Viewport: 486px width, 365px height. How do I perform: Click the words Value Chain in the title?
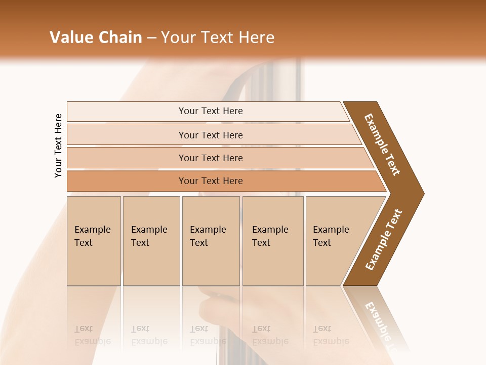[x=96, y=38]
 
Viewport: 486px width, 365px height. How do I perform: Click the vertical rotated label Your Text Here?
[x=58, y=145]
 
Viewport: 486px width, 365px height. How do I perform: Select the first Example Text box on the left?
[x=94, y=241]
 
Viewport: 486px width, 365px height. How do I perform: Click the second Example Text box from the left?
[x=151, y=241]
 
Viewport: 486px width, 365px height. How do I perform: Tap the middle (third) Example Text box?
[x=211, y=241]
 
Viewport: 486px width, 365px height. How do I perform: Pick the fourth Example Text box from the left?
[x=272, y=241]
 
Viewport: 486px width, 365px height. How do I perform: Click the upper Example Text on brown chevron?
[x=382, y=144]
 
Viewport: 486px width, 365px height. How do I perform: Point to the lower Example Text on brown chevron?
[x=384, y=240]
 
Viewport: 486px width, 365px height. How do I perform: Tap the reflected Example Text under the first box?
[x=92, y=335]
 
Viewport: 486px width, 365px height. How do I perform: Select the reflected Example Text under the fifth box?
[x=331, y=335]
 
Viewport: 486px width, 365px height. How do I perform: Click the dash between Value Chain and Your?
[x=151, y=38]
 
